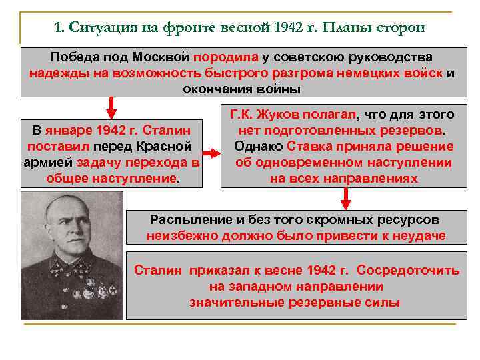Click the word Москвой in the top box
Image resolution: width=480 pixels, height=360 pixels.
tap(161, 57)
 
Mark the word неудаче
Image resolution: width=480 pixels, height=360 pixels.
tap(416, 235)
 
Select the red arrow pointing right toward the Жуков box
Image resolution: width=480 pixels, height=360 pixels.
tap(210, 154)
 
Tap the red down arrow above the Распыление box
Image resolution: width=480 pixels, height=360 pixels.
tap(345, 195)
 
